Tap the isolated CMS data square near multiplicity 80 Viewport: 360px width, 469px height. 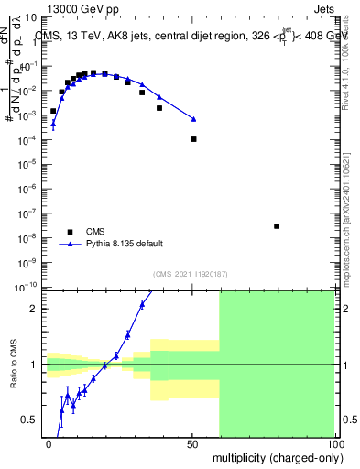(277, 226)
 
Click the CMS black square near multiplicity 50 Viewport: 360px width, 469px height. (193, 139)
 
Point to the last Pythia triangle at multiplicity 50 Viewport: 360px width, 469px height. (193, 119)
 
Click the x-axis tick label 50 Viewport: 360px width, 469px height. (192, 443)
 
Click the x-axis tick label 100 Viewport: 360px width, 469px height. (333, 443)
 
